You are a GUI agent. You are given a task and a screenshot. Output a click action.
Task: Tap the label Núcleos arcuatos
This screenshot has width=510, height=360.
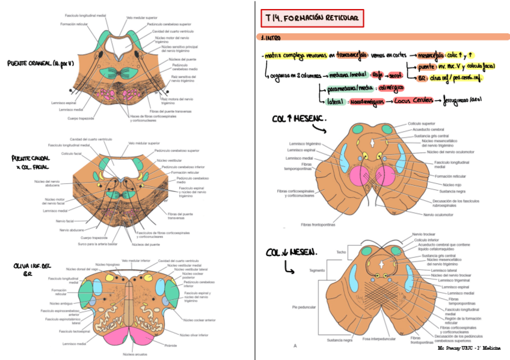(x=133, y=355)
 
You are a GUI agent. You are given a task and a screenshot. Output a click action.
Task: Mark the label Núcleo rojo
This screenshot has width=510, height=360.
(x=444, y=185)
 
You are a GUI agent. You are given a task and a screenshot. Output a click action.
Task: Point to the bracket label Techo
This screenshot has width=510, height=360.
(x=341, y=252)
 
